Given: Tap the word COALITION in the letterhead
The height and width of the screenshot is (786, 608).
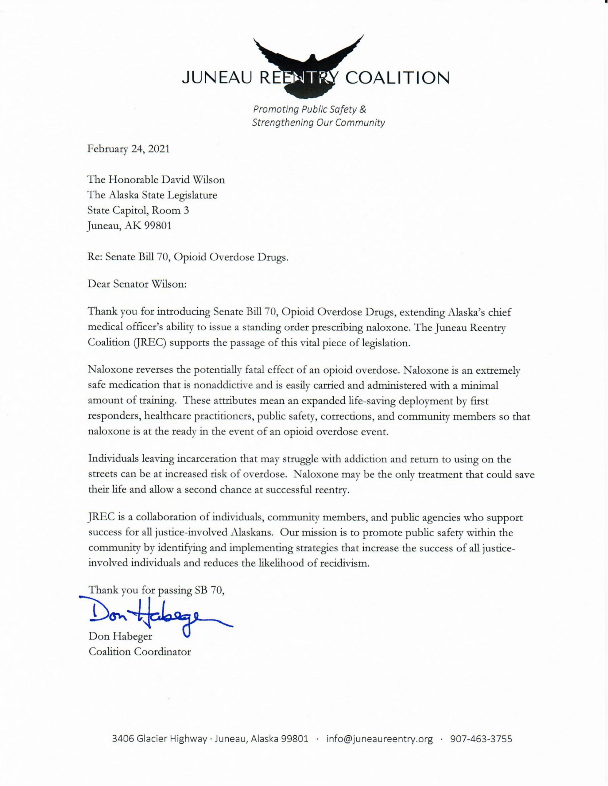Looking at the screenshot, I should [398, 78].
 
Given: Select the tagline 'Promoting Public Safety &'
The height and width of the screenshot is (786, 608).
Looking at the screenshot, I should [310, 109].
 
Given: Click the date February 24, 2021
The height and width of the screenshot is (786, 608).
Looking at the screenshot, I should [128, 149].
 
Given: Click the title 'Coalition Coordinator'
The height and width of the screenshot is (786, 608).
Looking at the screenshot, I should [140, 652].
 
